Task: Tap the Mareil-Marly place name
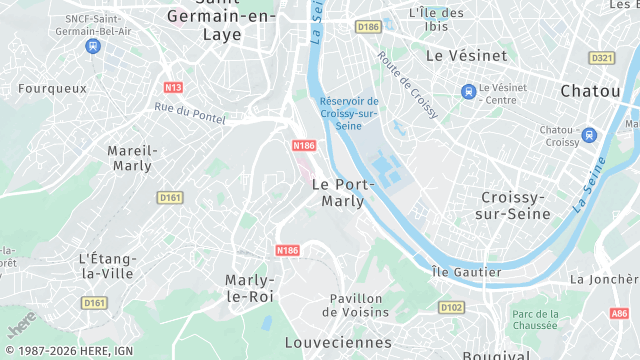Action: pyautogui.click(x=132, y=157)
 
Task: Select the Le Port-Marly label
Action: pyautogui.click(x=343, y=192)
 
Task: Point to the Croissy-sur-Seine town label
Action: pyautogui.click(x=517, y=205)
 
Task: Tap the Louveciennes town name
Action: pyautogui.click(x=338, y=342)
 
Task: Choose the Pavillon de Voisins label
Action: pyautogui.click(x=356, y=305)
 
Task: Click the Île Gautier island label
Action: pyautogui.click(x=466, y=272)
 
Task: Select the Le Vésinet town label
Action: pyautogui.click(x=466, y=56)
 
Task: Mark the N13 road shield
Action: pyautogui.click(x=173, y=87)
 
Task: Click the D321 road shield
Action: pyautogui.click(x=601, y=58)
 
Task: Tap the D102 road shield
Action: pyautogui.click(x=451, y=308)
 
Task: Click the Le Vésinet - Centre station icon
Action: pyautogui.click(x=467, y=92)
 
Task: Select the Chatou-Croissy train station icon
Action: pyautogui.click(x=588, y=135)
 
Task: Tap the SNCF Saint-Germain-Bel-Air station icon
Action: pyautogui.click(x=93, y=46)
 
